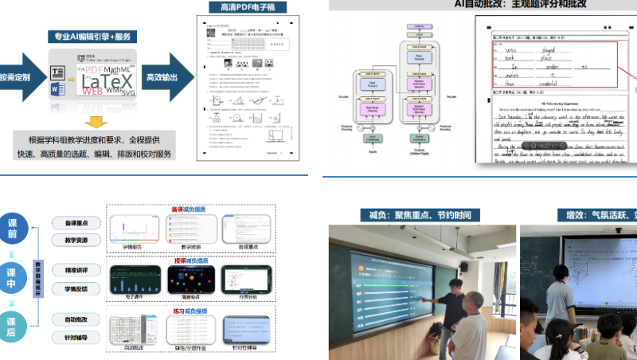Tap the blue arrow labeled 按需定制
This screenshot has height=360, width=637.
(18, 77)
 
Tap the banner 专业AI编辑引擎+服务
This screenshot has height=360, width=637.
(93, 37)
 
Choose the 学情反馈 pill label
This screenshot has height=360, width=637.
(76, 288)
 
